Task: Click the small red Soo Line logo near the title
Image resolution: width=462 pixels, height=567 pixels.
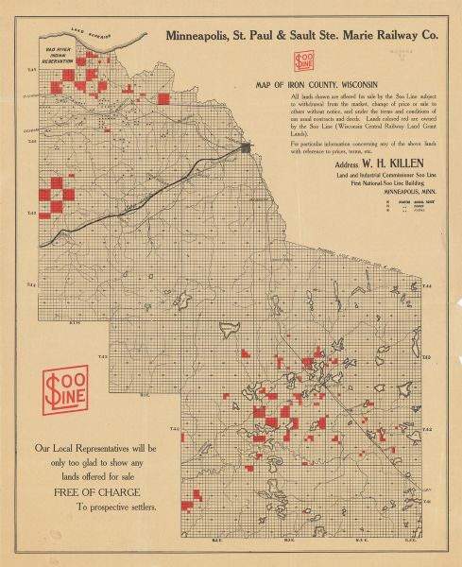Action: (x=306, y=61)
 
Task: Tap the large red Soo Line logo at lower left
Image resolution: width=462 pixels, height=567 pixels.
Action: (x=64, y=388)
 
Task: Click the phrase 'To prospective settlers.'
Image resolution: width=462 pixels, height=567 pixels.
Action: (x=118, y=507)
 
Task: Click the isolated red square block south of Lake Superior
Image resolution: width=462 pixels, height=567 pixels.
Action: (x=163, y=97)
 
